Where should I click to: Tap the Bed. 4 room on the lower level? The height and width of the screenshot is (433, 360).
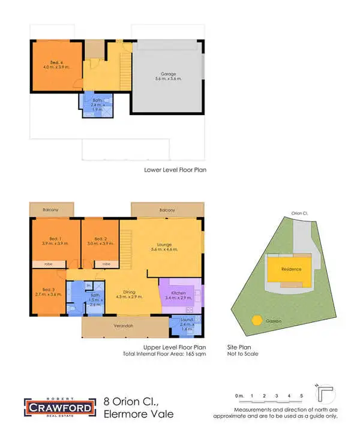pos(56,65)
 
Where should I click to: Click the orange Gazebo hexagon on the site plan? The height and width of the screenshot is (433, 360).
pos(257,320)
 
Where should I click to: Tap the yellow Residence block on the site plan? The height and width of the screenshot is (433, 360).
pos(290,269)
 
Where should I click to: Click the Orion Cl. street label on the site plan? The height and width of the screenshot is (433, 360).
pos(299,213)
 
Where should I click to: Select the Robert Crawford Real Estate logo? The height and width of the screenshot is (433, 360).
pos(58,407)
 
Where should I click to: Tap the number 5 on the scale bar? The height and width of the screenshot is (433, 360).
pos(301,396)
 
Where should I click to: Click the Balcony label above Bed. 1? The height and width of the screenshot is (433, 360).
pos(51,210)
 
